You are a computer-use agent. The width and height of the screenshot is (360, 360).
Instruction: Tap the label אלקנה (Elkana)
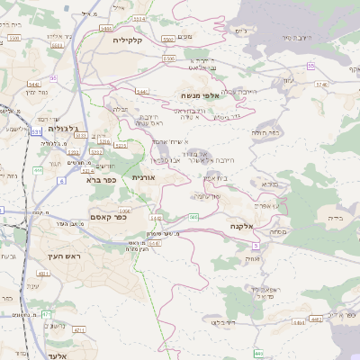coord(244,226)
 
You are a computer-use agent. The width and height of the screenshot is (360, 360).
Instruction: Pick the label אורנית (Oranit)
coord(144,177)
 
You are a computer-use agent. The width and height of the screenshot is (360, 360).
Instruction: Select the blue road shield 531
coord(36,132)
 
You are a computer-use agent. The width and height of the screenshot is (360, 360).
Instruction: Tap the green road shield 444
coord(37,169)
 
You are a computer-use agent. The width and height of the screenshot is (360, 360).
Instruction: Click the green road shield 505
coord(193,217)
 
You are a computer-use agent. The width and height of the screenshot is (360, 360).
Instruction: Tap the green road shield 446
coord(258,353)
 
